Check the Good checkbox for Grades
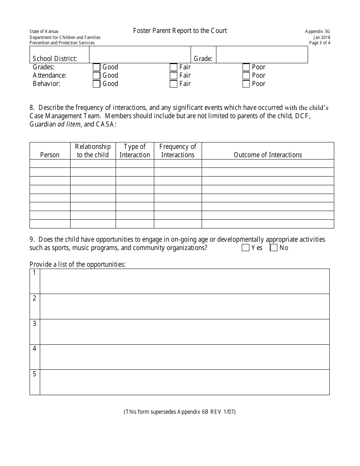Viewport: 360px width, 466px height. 96,67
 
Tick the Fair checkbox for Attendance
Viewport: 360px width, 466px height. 174,76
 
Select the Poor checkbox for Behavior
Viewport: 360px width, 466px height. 246,84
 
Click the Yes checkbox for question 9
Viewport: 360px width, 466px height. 245,248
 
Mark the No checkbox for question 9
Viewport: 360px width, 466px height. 274,248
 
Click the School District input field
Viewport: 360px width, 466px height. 139,55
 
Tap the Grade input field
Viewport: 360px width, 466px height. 261,55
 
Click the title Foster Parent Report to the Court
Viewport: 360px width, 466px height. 180,31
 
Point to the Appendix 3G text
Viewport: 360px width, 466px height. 318,32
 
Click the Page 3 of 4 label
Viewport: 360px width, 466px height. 319,43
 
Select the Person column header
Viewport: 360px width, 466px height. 50,155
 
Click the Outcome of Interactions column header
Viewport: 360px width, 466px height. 268,155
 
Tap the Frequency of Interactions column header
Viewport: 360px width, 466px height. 178,151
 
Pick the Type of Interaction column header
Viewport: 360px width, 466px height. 135,151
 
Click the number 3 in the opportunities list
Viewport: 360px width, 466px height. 34,324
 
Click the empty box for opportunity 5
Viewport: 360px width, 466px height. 185,382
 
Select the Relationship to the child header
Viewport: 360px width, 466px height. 93,151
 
